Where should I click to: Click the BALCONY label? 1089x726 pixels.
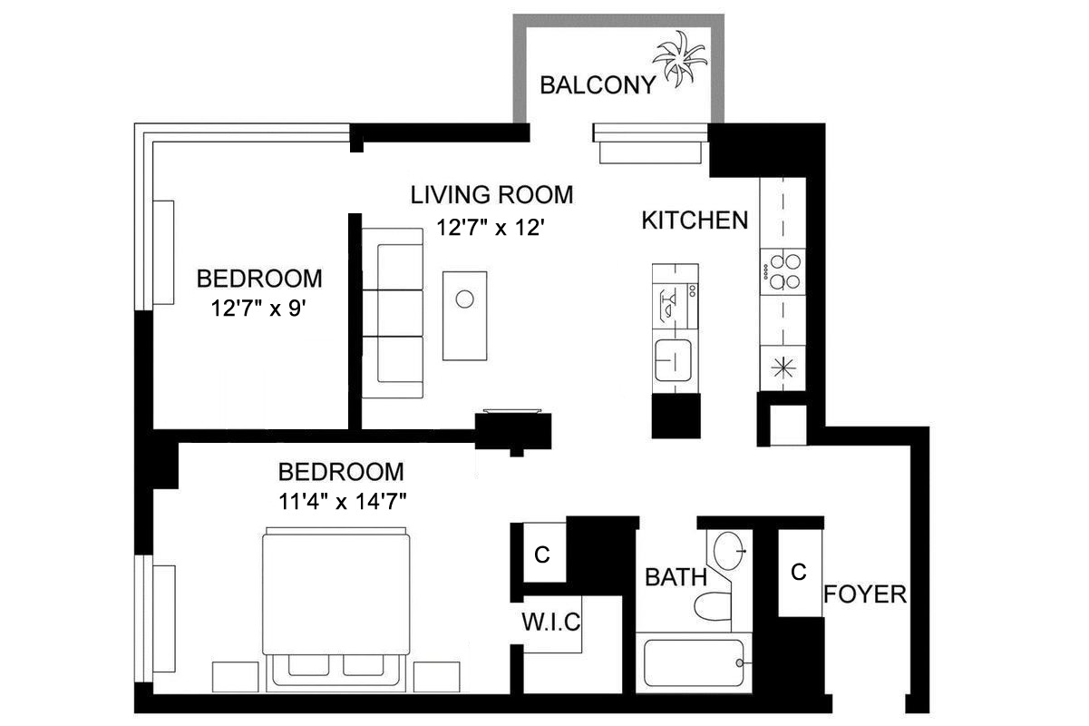[x=597, y=85]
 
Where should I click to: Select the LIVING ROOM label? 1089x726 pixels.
[x=491, y=195]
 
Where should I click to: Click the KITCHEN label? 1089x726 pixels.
[x=695, y=220]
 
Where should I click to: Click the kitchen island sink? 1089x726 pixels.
[x=675, y=361]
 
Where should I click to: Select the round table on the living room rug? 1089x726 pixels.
[x=465, y=299]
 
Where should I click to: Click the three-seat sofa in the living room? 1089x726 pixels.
[x=393, y=313]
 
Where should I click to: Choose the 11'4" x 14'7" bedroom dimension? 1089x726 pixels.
[x=343, y=501]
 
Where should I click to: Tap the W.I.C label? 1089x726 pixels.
[x=550, y=623]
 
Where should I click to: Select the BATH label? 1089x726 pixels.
[x=676, y=576]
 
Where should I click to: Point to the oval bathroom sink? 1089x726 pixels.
[x=731, y=550]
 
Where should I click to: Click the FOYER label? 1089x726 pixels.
[x=865, y=594]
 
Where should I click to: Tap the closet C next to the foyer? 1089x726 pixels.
[x=799, y=572]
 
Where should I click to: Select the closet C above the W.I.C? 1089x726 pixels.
[x=541, y=555]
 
